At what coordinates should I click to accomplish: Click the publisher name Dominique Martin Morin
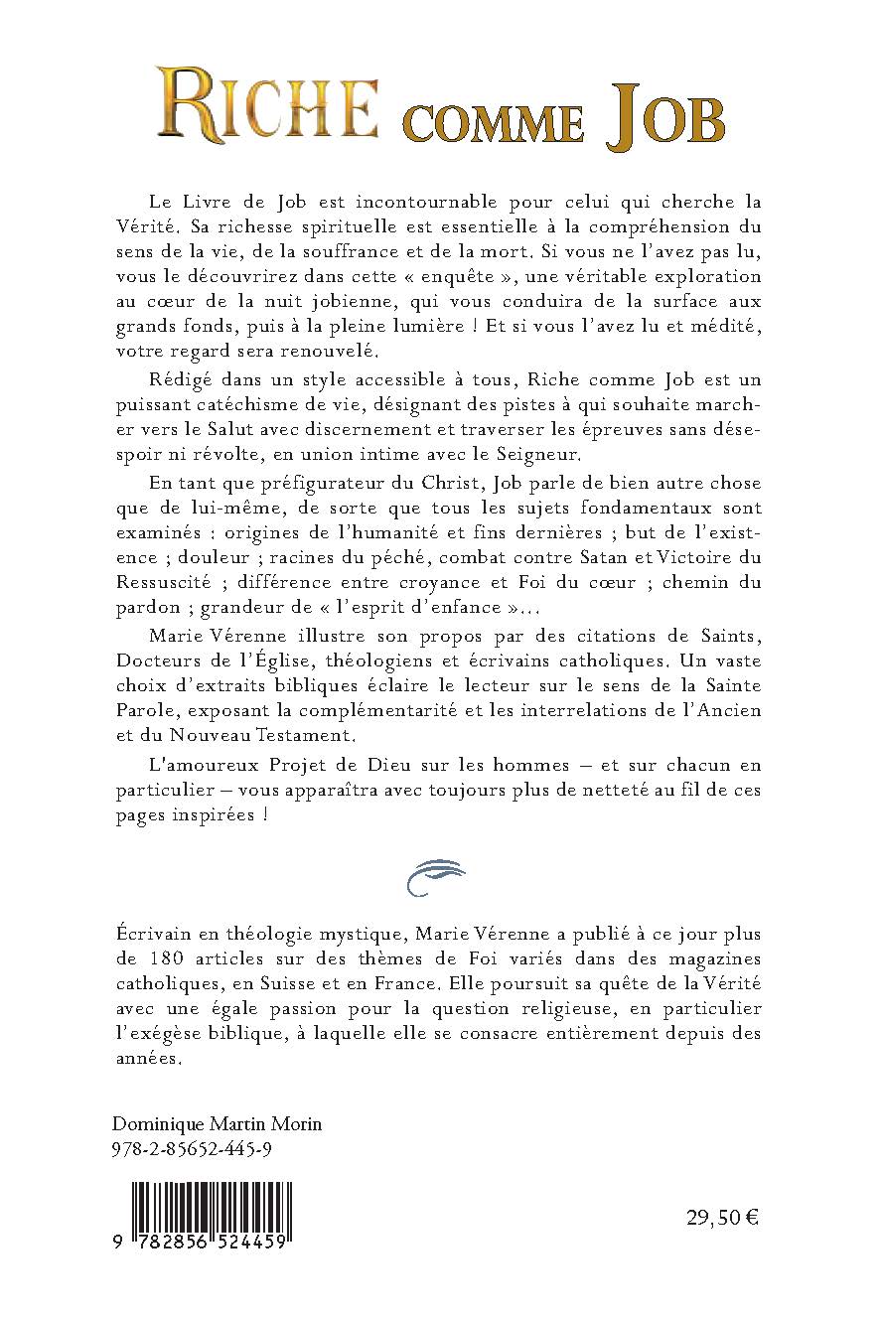218,1124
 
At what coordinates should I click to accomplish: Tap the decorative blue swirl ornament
438,877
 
